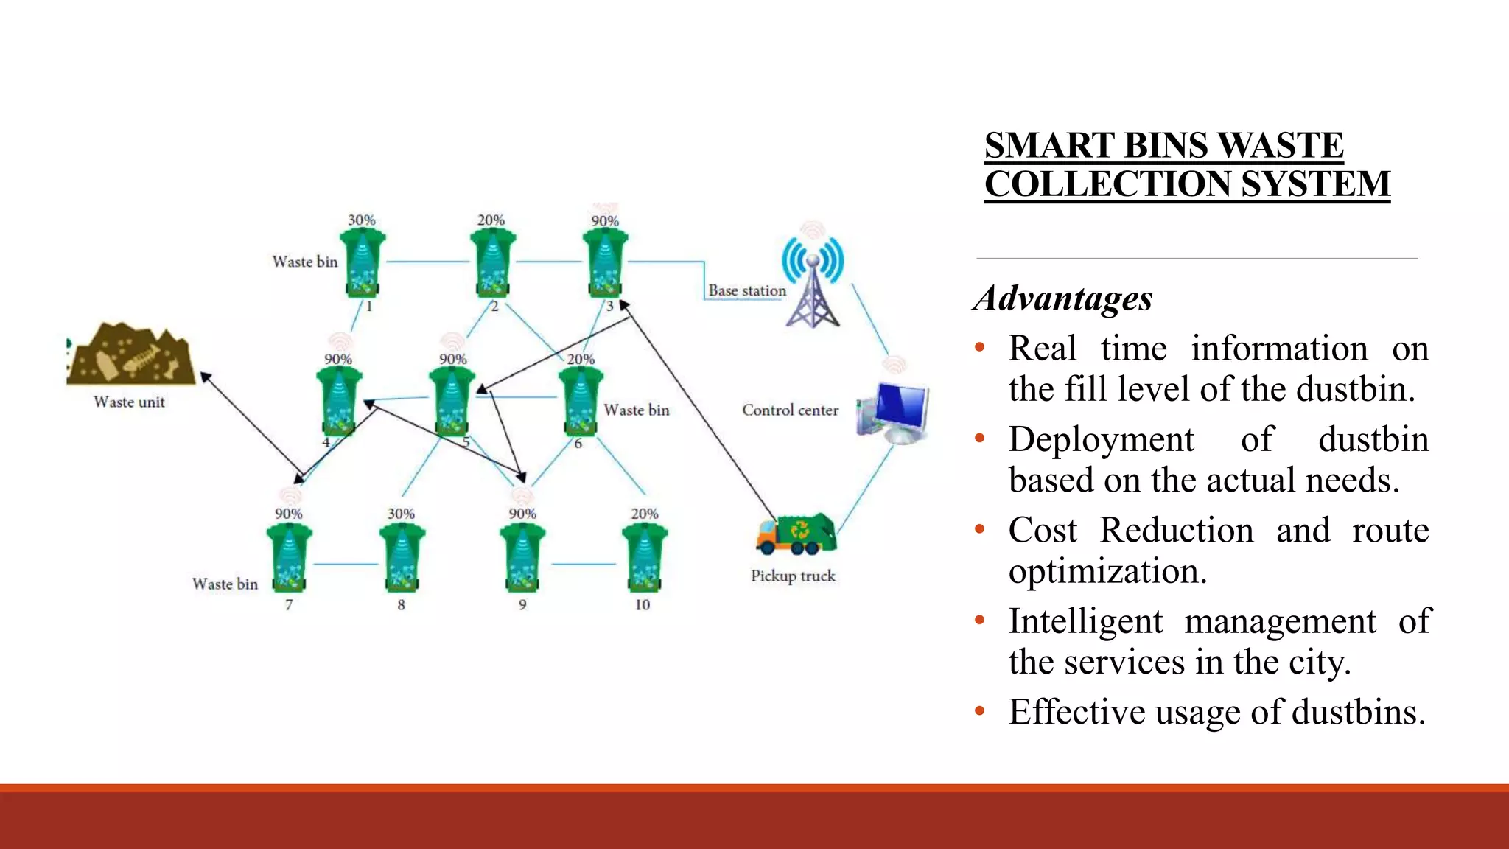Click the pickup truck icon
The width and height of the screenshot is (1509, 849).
tap(796, 535)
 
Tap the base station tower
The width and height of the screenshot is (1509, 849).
tap(812, 284)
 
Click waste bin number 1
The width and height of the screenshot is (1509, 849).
tap(362, 263)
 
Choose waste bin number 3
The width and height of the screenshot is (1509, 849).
tap(605, 263)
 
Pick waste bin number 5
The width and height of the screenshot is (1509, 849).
tap(452, 402)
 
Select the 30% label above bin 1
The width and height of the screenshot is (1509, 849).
tap(362, 220)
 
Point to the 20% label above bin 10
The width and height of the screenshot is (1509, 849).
tap(645, 514)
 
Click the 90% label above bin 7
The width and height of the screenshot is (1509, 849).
tap(289, 514)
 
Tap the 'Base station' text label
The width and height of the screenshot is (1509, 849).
tap(747, 291)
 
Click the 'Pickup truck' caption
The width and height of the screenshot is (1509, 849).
tap(793, 576)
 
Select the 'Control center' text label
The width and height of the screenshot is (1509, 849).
tap(790, 410)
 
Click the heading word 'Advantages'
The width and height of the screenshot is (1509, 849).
tap(1062, 298)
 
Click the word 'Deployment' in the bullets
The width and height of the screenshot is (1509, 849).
tap(1101, 440)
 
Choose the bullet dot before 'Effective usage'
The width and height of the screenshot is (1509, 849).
tap(979, 712)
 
